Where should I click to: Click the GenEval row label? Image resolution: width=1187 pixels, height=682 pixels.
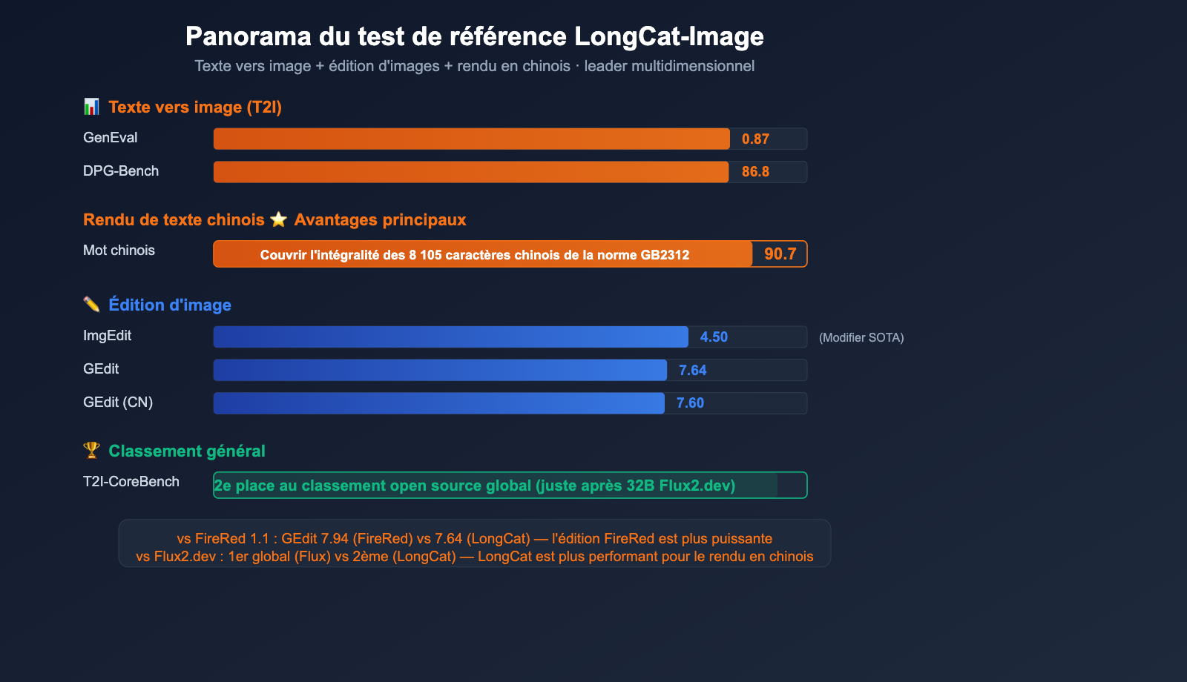click(x=110, y=138)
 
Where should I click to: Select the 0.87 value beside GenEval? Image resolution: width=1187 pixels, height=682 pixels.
click(x=755, y=139)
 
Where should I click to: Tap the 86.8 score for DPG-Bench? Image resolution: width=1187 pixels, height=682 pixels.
click(x=755, y=172)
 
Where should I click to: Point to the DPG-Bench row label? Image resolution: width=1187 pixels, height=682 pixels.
click(x=121, y=171)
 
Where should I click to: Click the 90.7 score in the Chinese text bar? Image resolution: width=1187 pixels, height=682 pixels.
click(x=780, y=254)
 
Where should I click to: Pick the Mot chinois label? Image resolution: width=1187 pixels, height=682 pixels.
click(x=119, y=251)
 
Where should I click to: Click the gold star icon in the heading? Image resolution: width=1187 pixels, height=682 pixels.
click(x=278, y=219)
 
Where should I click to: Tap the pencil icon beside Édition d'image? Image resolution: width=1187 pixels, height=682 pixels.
click(x=91, y=305)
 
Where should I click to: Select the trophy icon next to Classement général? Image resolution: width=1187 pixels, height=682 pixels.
click(x=91, y=450)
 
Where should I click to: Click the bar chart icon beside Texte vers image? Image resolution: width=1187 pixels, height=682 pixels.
click(x=91, y=107)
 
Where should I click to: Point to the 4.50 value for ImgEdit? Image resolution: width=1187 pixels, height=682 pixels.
click(x=714, y=337)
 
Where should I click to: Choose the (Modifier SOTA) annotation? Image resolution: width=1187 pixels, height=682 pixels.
click(x=861, y=338)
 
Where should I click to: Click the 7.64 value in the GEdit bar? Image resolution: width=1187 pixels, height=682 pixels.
click(x=692, y=371)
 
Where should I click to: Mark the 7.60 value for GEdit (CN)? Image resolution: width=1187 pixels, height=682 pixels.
click(x=690, y=403)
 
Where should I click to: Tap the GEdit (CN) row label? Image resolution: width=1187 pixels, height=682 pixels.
click(x=118, y=403)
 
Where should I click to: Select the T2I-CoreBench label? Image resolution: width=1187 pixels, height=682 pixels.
click(x=131, y=482)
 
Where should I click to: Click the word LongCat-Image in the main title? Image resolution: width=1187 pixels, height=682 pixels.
click(x=668, y=36)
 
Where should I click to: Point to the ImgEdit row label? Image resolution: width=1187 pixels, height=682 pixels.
click(x=107, y=336)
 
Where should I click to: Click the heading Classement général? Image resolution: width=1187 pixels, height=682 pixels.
click(x=186, y=451)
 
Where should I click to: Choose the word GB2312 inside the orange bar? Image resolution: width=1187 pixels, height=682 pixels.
click(x=665, y=255)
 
